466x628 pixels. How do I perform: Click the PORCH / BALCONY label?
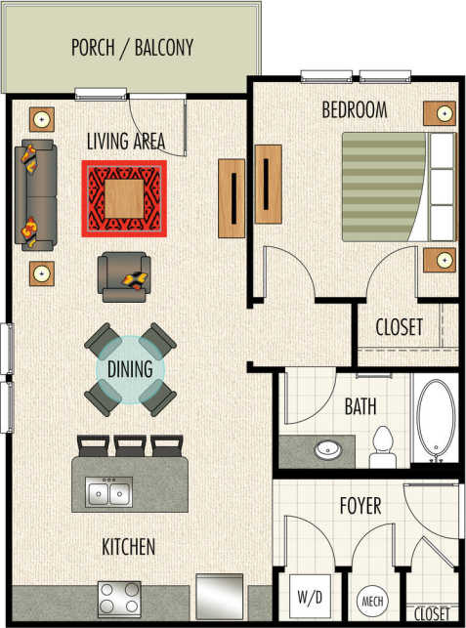click(x=132, y=46)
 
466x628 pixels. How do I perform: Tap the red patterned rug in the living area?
click(x=124, y=197)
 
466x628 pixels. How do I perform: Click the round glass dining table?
click(x=131, y=369)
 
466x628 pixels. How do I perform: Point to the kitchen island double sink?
click(x=108, y=492)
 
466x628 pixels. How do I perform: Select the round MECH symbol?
click(x=371, y=599)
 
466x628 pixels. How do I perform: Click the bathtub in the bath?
click(x=435, y=420)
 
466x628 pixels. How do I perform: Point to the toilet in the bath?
click(x=381, y=445)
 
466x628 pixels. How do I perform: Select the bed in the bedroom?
click(x=398, y=186)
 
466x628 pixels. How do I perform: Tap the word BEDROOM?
click(x=354, y=108)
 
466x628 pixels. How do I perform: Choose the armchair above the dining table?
click(x=124, y=273)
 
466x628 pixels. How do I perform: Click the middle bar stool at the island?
click(x=130, y=445)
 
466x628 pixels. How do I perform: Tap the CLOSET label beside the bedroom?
click(x=400, y=325)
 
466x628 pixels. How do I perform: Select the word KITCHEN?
click(x=128, y=548)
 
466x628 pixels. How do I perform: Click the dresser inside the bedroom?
click(x=268, y=188)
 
